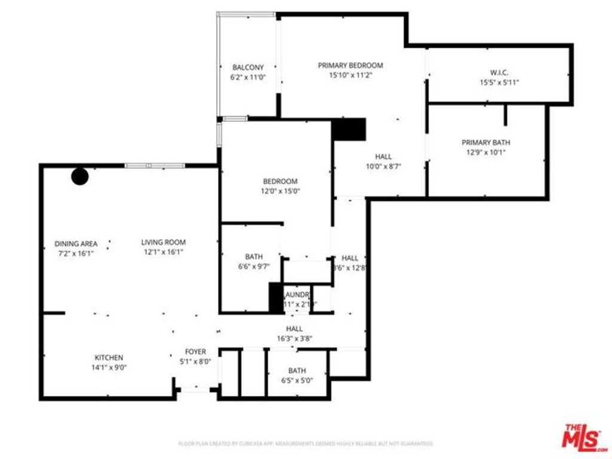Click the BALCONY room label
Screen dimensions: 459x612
(247, 68)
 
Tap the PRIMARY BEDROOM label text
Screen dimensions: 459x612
(350, 65)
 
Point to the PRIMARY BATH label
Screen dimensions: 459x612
(485, 142)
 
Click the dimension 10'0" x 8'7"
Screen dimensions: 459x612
(383, 167)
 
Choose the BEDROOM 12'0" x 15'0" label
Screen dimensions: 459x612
(280, 186)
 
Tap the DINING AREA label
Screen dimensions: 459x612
(76, 243)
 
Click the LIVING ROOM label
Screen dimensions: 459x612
(163, 242)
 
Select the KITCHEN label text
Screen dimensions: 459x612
(109, 357)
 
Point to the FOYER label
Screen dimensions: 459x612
(195, 352)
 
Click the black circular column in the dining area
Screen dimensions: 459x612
(80, 176)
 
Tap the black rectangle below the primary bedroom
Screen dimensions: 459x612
(348, 130)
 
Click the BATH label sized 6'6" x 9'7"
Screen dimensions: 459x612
(253, 256)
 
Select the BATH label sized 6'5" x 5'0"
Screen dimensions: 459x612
(297, 371)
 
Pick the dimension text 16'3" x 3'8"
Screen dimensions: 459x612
(294, 338)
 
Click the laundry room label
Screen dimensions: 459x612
(296, 295)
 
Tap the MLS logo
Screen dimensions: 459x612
(585, 438)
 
